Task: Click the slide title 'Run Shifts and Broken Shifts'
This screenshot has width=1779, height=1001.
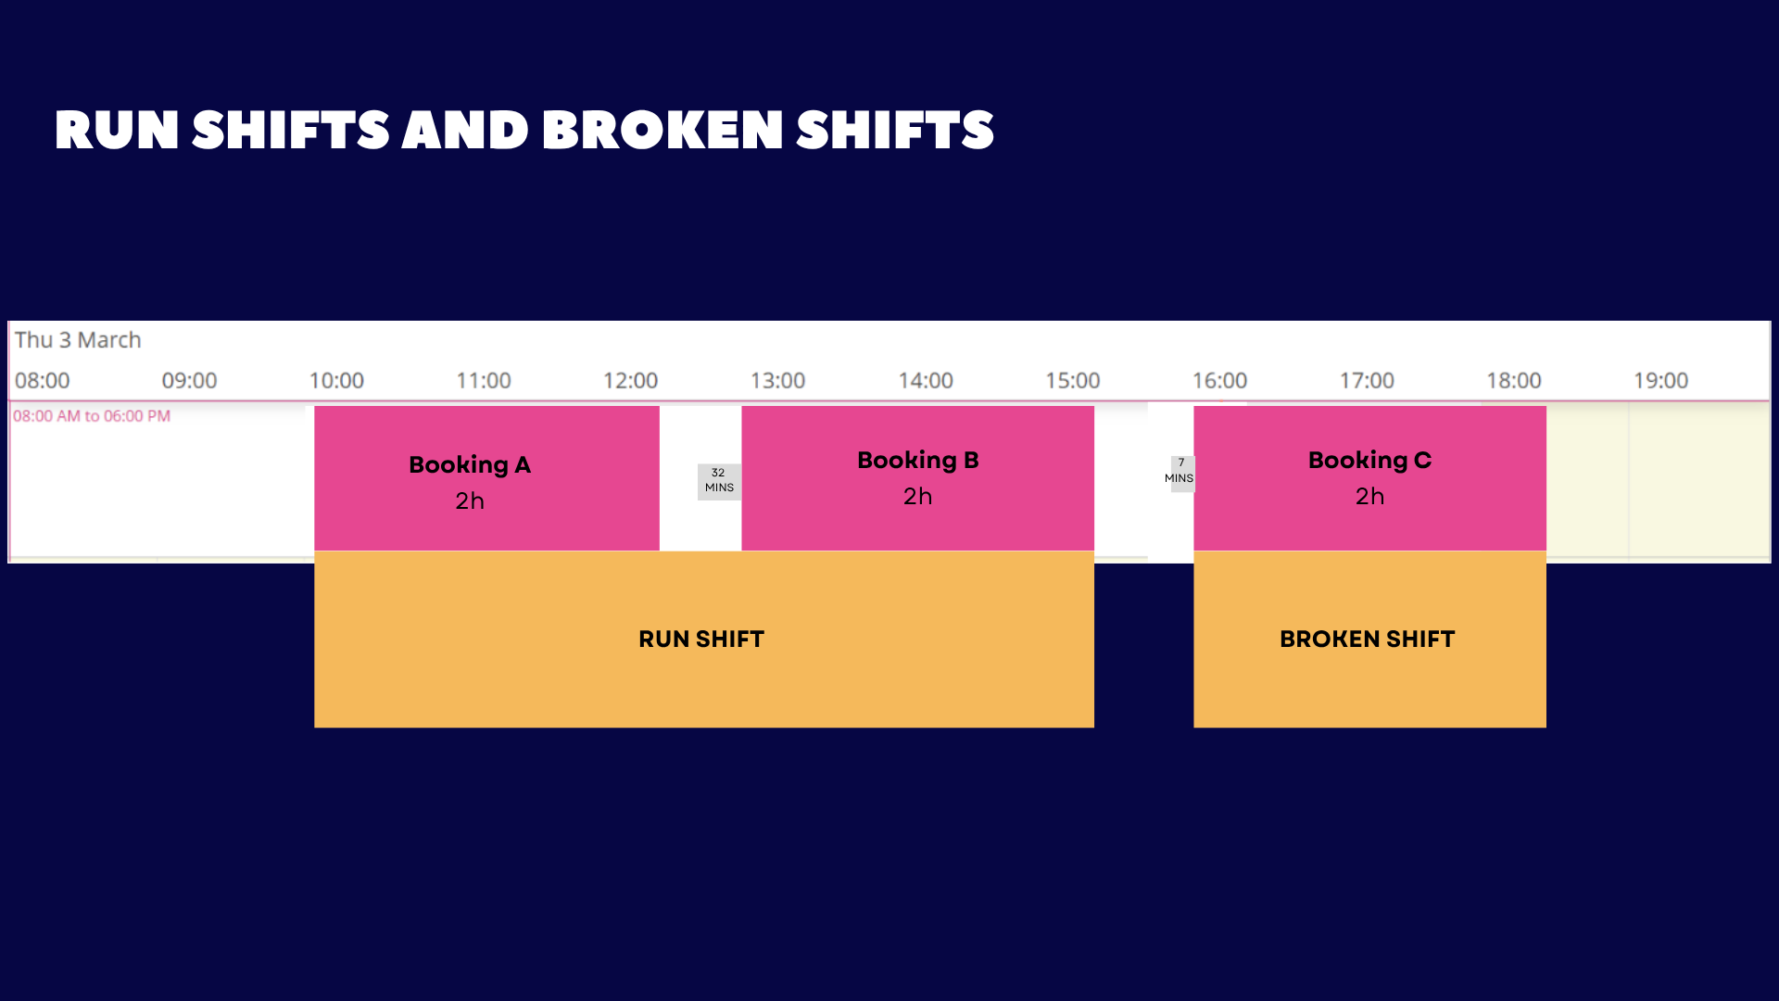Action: point(524,130)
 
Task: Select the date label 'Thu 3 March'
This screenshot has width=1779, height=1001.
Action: point(78,340)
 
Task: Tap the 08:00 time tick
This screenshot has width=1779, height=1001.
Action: point(42,381)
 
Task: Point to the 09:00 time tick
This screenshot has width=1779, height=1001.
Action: point(189,381)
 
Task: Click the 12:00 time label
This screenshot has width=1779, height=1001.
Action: point(630,381)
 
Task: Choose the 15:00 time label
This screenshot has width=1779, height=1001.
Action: point(1072,381)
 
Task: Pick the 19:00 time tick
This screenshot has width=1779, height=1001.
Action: point(1660,381)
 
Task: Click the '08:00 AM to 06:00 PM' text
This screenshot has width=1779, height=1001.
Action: point(92,416)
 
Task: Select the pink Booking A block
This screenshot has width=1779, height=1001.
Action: point(486,478)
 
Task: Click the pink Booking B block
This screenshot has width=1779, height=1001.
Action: point(917,478)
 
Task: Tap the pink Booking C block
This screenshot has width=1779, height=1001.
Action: point(1369,478)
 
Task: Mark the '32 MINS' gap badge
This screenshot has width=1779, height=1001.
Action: point(719,481)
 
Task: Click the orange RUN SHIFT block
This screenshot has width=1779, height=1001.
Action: point(704,640)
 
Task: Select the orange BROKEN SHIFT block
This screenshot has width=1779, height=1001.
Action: point(1369,640)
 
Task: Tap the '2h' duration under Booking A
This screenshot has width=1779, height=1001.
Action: point(470,501)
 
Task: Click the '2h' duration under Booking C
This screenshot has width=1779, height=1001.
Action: point(1369,497)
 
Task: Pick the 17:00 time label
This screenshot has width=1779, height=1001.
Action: point(1367,381)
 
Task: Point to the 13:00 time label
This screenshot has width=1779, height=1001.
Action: point(777,381)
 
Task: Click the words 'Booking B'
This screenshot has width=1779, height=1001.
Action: point(917,461)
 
